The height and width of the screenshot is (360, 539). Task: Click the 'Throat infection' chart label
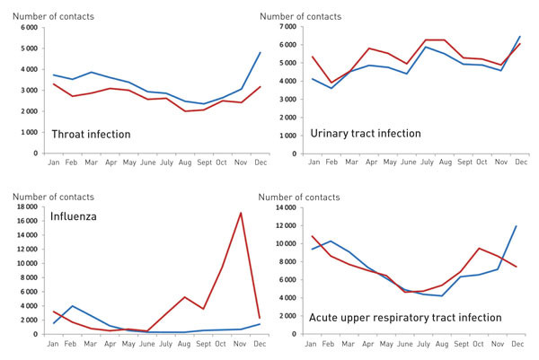(x=92, y=135)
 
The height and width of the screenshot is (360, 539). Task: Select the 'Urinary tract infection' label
(x=366, y=134)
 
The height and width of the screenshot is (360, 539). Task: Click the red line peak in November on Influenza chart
(x=240, y=213)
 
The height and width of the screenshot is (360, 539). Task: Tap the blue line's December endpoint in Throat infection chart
(x=261, y=52)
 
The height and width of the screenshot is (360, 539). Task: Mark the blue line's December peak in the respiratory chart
(x=517, y=225)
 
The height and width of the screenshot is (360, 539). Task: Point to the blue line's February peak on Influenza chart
(x=72, y=306)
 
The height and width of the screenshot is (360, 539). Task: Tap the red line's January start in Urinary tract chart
(x=312, y=57)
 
